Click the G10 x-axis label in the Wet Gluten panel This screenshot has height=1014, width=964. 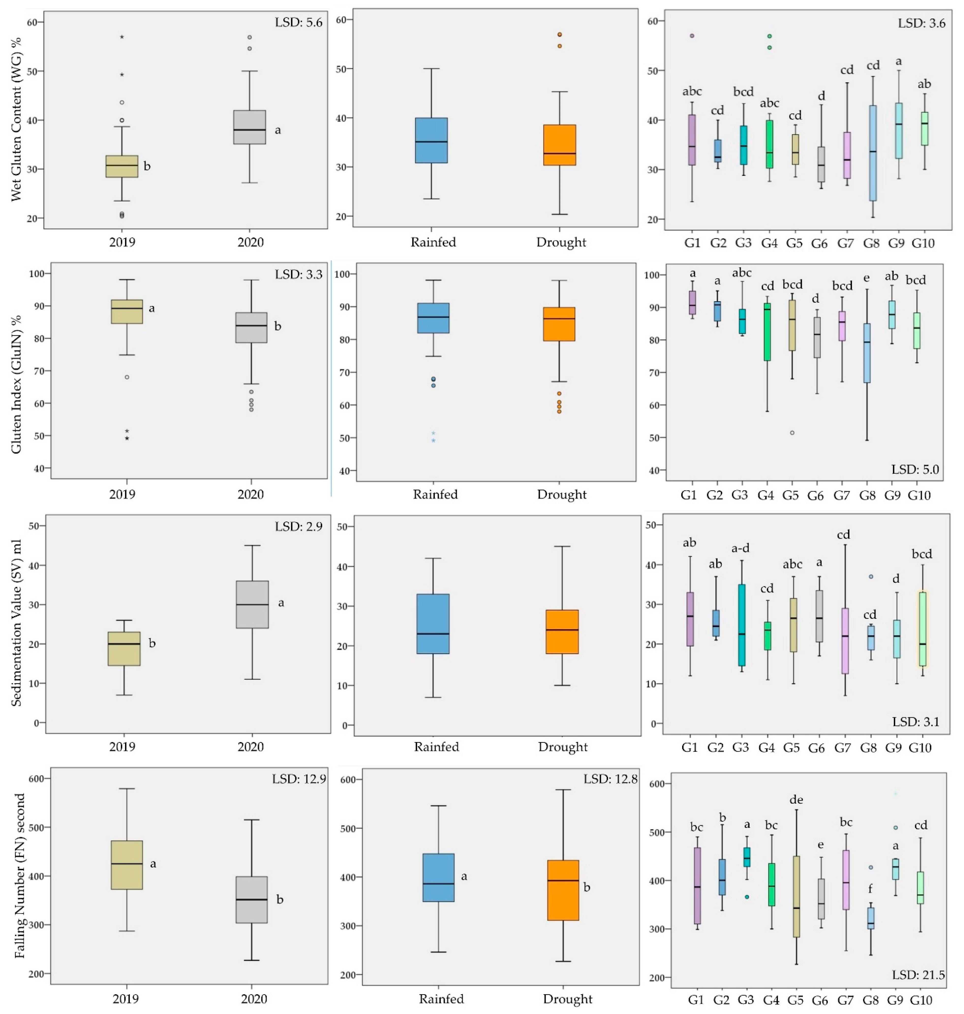click(923, 243)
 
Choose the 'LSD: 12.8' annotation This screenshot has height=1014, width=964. click(610, 779)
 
